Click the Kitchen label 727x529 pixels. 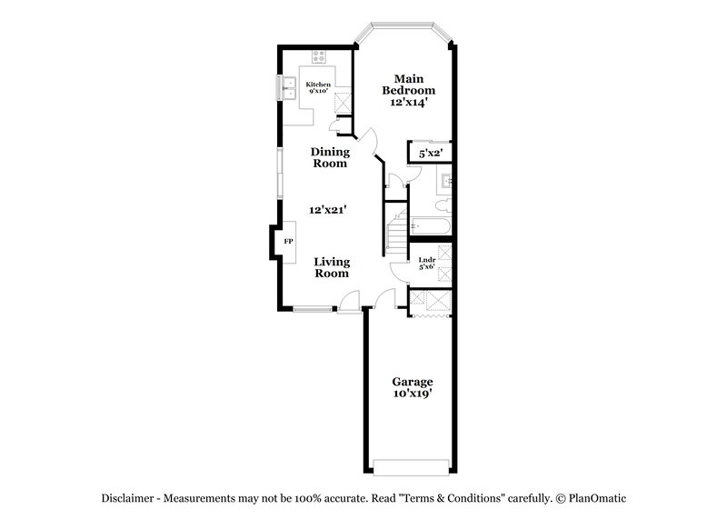318,85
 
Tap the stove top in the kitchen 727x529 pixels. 320,57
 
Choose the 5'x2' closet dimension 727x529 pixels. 430,154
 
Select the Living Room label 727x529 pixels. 333,268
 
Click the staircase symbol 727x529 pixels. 395,232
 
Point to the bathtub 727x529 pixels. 430,225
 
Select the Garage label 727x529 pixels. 412,382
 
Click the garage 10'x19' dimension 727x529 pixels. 412,394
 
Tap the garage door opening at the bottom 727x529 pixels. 412,466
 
